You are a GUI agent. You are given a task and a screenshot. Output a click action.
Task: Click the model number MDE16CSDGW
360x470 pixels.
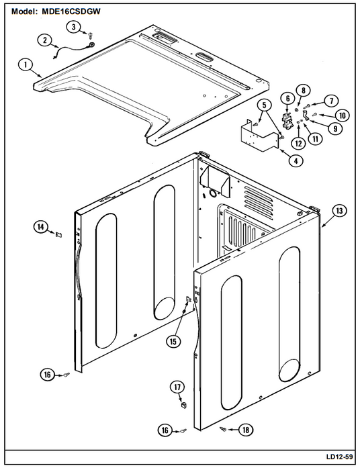71,11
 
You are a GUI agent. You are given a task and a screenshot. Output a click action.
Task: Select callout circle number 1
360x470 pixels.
26,64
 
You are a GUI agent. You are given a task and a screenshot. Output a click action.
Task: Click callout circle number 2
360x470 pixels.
44,40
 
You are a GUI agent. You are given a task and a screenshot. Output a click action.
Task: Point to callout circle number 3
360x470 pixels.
74,27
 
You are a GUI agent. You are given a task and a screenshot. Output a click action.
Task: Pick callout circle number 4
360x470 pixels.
296,160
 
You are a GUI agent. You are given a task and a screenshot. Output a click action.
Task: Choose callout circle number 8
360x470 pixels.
303,90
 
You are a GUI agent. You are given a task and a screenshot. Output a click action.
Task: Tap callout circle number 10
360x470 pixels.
342,115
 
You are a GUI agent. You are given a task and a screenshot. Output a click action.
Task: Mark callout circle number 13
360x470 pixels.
339,211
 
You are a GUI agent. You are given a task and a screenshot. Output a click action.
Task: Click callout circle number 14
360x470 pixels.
41,227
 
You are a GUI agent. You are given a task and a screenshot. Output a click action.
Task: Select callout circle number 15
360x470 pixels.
173,342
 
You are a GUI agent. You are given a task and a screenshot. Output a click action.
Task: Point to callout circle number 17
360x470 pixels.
177,387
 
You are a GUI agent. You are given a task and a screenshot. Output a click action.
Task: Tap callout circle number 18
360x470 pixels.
246,430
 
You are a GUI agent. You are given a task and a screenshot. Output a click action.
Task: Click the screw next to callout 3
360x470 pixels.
90,36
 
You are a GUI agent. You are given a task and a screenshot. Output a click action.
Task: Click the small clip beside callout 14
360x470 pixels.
59,234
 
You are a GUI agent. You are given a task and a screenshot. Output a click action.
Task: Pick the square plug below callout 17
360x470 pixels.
183,405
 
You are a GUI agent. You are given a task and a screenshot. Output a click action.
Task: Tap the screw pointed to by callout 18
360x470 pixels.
223,429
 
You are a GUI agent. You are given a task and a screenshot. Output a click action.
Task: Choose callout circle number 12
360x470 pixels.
299,143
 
